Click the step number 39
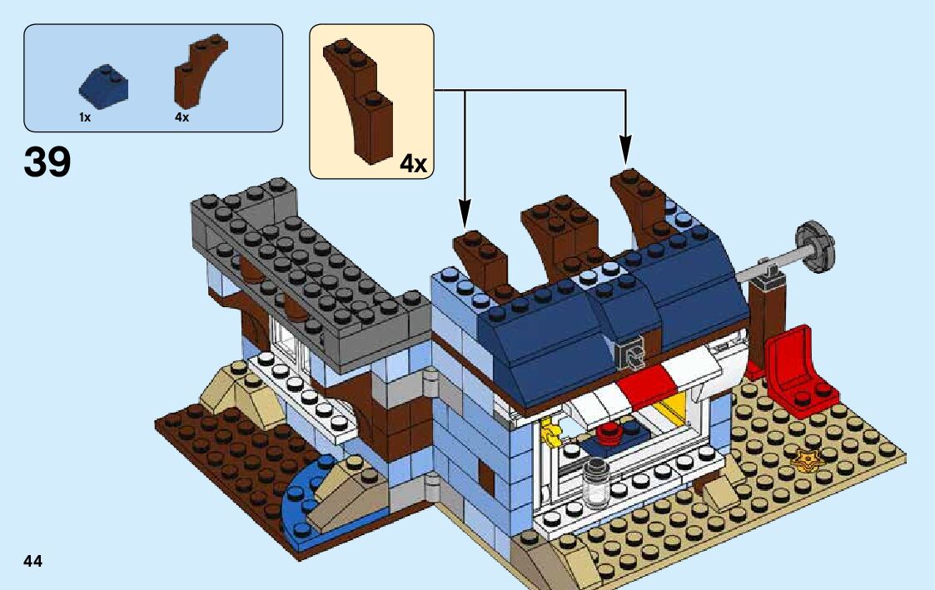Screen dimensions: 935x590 click(47, 161)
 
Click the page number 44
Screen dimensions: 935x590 click(33, 561)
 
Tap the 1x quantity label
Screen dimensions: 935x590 click(85, 118)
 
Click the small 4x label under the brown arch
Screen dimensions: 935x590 click(182, 118)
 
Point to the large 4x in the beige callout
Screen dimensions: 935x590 click(413, 163)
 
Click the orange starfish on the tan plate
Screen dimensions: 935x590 click(806, 458)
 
